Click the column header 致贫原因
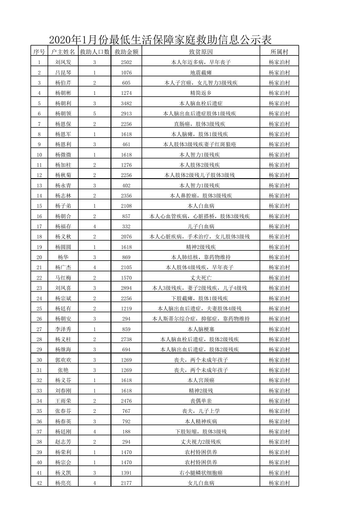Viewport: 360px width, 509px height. [201, 52]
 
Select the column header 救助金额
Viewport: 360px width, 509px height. [126, 52]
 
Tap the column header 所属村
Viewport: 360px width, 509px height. [279, 52]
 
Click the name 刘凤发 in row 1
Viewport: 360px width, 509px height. [63, 62]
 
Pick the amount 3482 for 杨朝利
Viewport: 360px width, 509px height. [126, 103]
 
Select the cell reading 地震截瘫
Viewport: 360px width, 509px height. [201, 73]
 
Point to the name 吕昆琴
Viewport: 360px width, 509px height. [63, 73]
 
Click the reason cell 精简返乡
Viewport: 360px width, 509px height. [201, 93]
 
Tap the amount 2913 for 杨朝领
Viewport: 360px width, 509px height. [126, 113]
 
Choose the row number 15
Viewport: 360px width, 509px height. [39, 206]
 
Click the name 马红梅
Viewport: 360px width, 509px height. [63, 278]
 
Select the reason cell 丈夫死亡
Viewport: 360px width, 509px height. [201, 278]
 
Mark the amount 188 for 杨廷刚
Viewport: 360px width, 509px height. [126, 432]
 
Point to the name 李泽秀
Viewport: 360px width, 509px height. [63, 329]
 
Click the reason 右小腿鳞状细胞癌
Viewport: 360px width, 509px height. [201, 473]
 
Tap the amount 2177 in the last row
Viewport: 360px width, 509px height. [126, 483]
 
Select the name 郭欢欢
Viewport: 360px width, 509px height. [63, 360]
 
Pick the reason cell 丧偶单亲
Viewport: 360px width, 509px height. [201, 401]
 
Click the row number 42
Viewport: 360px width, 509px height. [39, 483]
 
